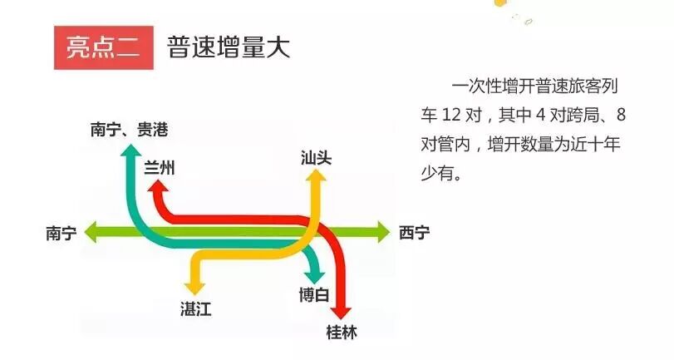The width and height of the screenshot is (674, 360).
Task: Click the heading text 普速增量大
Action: [x=228, y=47]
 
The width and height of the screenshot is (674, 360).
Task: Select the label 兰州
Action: [x=160, y=167]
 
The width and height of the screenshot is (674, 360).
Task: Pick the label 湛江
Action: [x=196, y=310]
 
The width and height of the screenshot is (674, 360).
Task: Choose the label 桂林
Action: [x=341, y=333]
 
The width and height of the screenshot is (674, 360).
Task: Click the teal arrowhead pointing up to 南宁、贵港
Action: [x=130, y=150]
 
